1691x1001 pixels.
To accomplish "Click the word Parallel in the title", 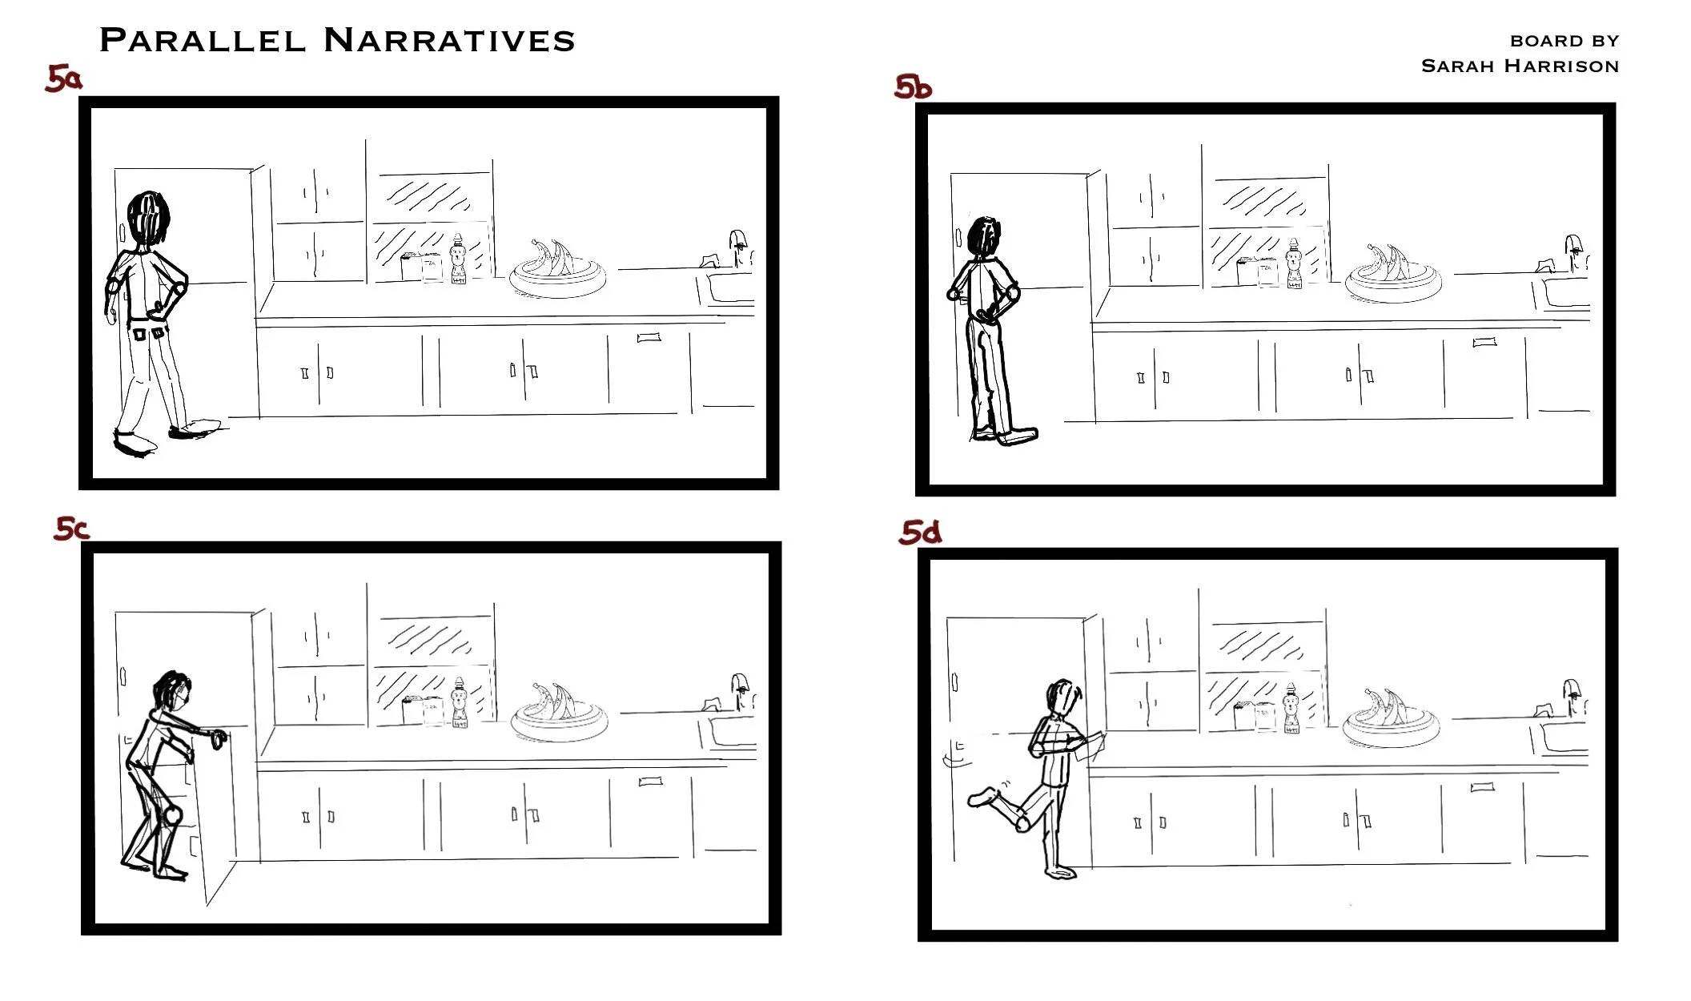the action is point(203,40).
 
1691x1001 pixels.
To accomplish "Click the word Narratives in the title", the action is point(449,40).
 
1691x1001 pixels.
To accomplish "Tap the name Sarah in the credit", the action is point(1457,66).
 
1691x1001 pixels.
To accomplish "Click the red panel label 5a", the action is point(63,78).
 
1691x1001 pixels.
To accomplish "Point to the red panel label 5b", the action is point(913,86).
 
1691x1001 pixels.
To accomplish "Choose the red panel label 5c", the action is point(71,529).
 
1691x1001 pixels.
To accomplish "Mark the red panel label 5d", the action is point(920,533).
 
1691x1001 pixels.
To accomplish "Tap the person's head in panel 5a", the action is point(149,216).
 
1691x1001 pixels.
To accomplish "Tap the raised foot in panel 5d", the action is point(982,797).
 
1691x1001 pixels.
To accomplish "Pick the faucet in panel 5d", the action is point(1573,693).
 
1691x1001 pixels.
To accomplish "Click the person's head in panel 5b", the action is point(984,237).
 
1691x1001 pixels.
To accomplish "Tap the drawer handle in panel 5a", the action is point(649,338).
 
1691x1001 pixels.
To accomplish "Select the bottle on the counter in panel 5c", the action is point(460,704).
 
